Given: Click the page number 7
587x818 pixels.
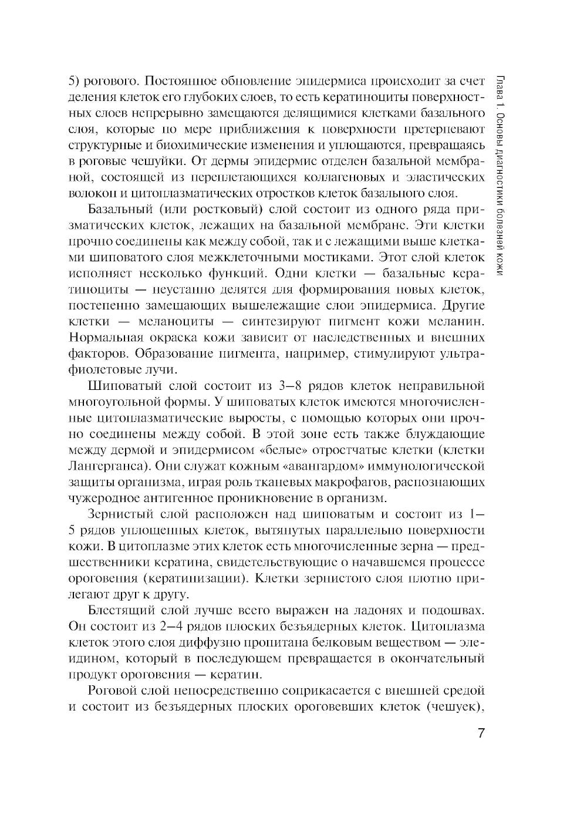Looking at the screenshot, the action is click(480, 734).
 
